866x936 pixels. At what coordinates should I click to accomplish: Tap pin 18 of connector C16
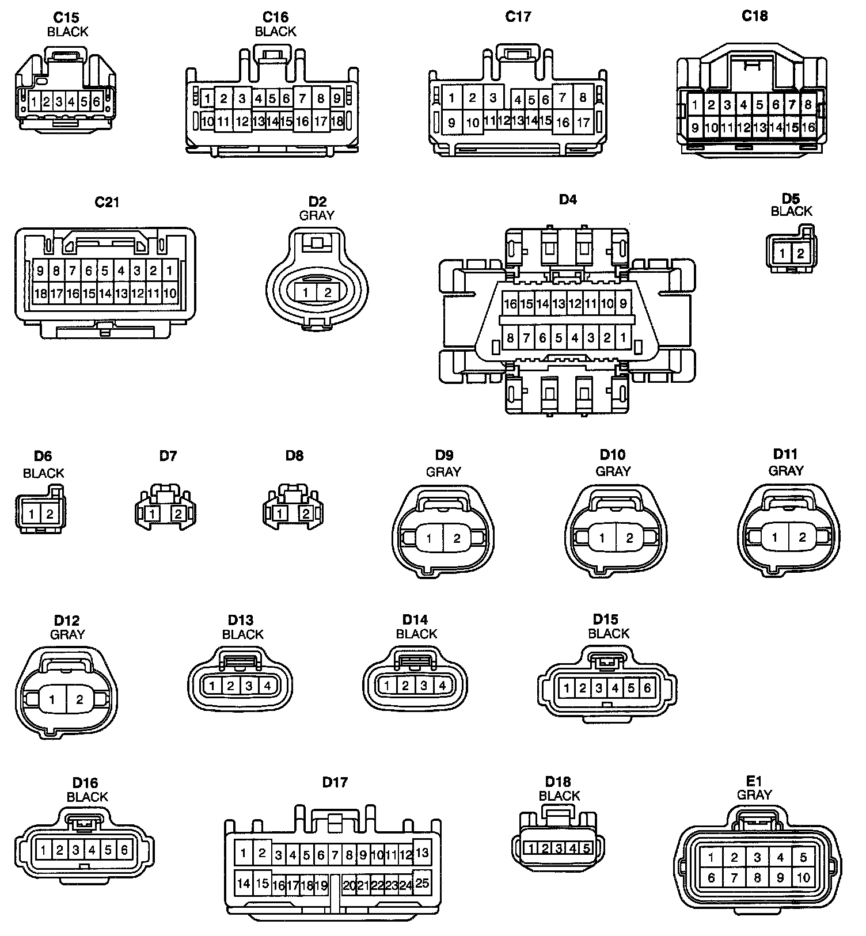click(x=337, y=121)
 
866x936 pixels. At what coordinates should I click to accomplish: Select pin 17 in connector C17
click(x=583, y=122)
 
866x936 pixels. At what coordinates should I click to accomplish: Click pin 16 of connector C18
click(x=808, y=127)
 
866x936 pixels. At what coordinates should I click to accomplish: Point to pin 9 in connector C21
click(x=40, y=271)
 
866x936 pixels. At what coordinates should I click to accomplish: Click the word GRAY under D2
click(x=317, y=215)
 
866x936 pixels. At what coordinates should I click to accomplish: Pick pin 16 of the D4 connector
click(x=510, y=303)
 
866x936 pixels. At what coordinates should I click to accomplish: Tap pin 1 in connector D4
click(x=622, y=338)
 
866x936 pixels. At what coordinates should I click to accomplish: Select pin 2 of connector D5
click(x=800, y=253)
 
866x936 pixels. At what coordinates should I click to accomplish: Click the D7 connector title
click(x=168, y=456)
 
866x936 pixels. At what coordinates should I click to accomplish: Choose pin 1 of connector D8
click(x=280, y=513)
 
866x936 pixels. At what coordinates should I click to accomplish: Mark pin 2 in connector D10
click(x=629, y=538)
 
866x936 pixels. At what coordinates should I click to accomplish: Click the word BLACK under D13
click(x=242, y=634)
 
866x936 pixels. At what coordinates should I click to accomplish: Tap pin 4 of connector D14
click(x=442, y=686)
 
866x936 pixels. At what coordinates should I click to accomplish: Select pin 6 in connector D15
click(x=647, y=688)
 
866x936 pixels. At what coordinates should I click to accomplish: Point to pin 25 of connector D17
click(x=422, y=882)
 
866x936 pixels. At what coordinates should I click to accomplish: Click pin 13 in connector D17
click(x=422, y=853)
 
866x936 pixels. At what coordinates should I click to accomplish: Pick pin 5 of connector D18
click(x=586, y=848)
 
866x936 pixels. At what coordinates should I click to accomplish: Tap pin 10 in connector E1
click(x=804, y=878)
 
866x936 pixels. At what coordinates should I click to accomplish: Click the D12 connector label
click(x=67, y=621)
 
